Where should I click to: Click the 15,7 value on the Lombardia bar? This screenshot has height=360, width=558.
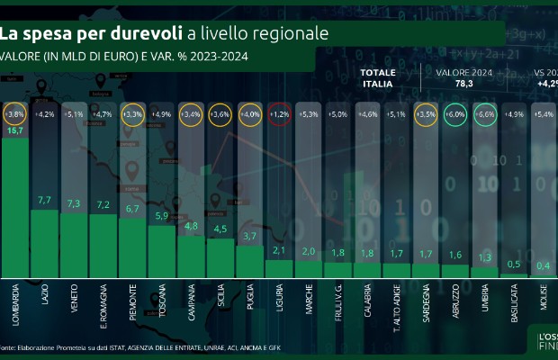coord(15,131)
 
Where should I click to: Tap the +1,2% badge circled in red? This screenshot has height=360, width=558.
coord(279,115)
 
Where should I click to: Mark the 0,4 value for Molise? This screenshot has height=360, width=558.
coord(543,265)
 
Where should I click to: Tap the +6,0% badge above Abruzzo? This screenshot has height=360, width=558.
coord(455,115)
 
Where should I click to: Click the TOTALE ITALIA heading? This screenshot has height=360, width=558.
coord(376,77)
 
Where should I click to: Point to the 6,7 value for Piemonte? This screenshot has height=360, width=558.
coord(132,209)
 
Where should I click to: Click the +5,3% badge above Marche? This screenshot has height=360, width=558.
coord(309,115)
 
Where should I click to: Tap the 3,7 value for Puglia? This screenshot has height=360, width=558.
coord(250,236)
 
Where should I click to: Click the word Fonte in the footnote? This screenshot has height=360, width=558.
coord(8,347)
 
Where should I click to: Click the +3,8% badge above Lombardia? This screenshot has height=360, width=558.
coord(15,115)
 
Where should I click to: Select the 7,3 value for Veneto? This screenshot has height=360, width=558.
coord(74,203)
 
